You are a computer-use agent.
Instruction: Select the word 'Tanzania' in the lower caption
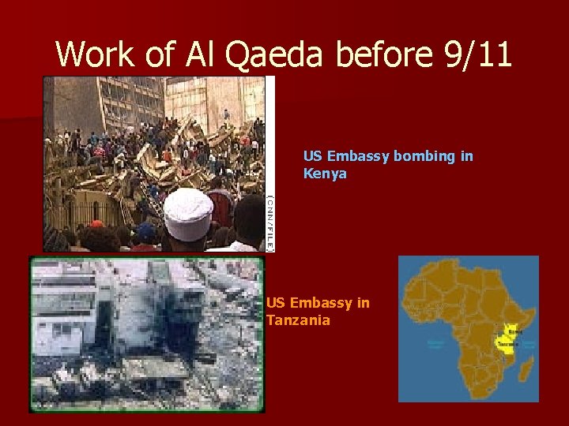click(298, 319)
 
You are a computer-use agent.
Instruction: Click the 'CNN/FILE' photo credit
click(269, 222)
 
